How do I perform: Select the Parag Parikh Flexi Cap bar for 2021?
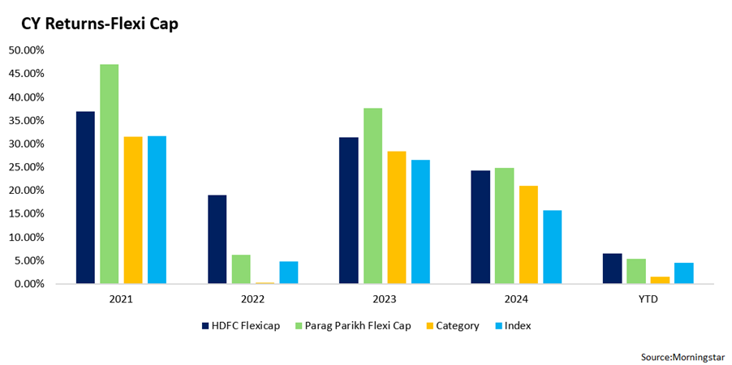click(110, 174)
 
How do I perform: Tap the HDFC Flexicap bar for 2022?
click(217, 239)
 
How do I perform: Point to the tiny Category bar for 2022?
click(265, 282)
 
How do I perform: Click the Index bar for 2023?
click(420, 221)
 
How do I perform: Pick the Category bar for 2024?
click(528, 234)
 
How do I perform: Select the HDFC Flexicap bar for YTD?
click(612, 268)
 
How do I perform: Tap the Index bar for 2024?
click(553, 247)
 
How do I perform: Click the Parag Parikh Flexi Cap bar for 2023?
click(372, 195)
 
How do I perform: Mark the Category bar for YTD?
click(660, 280)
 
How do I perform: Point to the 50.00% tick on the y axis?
click(26, 50)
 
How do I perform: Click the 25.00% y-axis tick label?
click(26, 167)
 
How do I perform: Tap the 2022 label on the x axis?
click(252, 300)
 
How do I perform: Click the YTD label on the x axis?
click(648, 300)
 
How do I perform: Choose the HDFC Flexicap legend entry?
click(241, 326)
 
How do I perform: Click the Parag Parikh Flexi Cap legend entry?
click(352, 326)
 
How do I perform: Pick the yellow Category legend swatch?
click(428, 326)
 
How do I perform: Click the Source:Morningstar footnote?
click(683, 357)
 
